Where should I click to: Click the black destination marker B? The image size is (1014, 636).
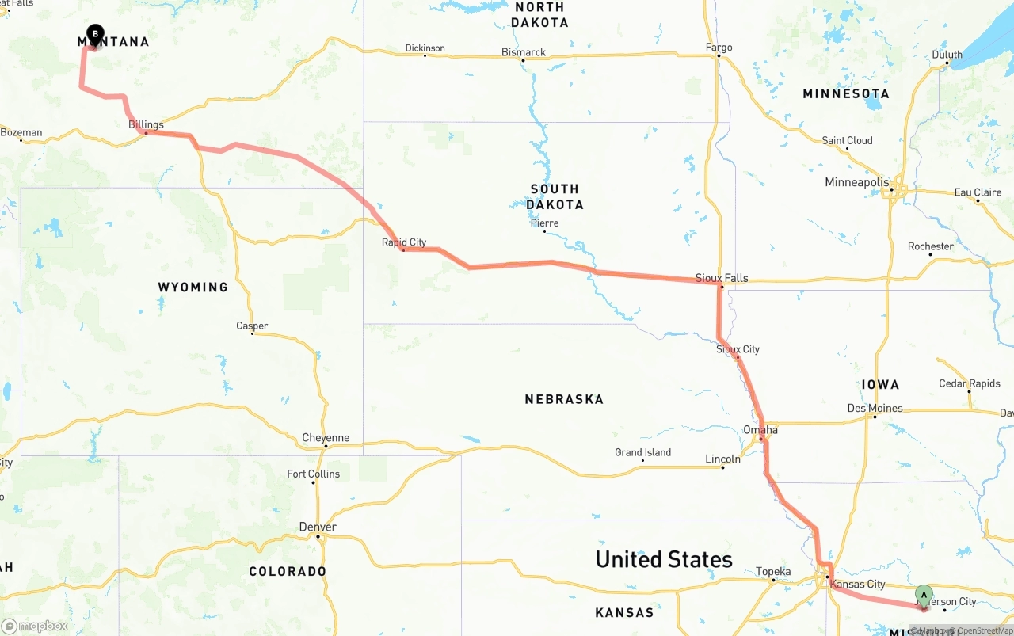click(95, 34)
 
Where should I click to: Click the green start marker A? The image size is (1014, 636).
click(924, 595)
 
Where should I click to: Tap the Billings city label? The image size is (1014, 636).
click(146, 124)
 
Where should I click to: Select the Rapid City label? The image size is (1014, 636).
click(404, 242)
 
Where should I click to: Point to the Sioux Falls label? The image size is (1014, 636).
click(722, 278)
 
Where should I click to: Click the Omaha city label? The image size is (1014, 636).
click(760, 430)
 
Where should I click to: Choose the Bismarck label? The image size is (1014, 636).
click(524, 52)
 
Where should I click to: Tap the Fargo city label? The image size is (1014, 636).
click(719, 48)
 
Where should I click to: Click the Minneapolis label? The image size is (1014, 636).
click(856, 182)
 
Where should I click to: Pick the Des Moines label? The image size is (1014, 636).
click(875, 408)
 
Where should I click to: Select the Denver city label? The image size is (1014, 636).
click(318, 527)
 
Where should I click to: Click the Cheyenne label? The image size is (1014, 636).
click(326, 438)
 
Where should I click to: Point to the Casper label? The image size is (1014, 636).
click(252, 326)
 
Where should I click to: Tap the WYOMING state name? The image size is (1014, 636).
click(193, 287)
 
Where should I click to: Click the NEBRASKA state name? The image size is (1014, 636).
click(564, 399)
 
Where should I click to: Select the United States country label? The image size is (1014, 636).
click(664, 559)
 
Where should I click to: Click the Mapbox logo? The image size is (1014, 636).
click(35, 626)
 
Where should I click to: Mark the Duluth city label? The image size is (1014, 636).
click(947, 55)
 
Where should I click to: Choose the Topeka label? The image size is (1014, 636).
click(773, 571)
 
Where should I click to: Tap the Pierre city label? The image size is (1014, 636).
click(544, 223)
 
